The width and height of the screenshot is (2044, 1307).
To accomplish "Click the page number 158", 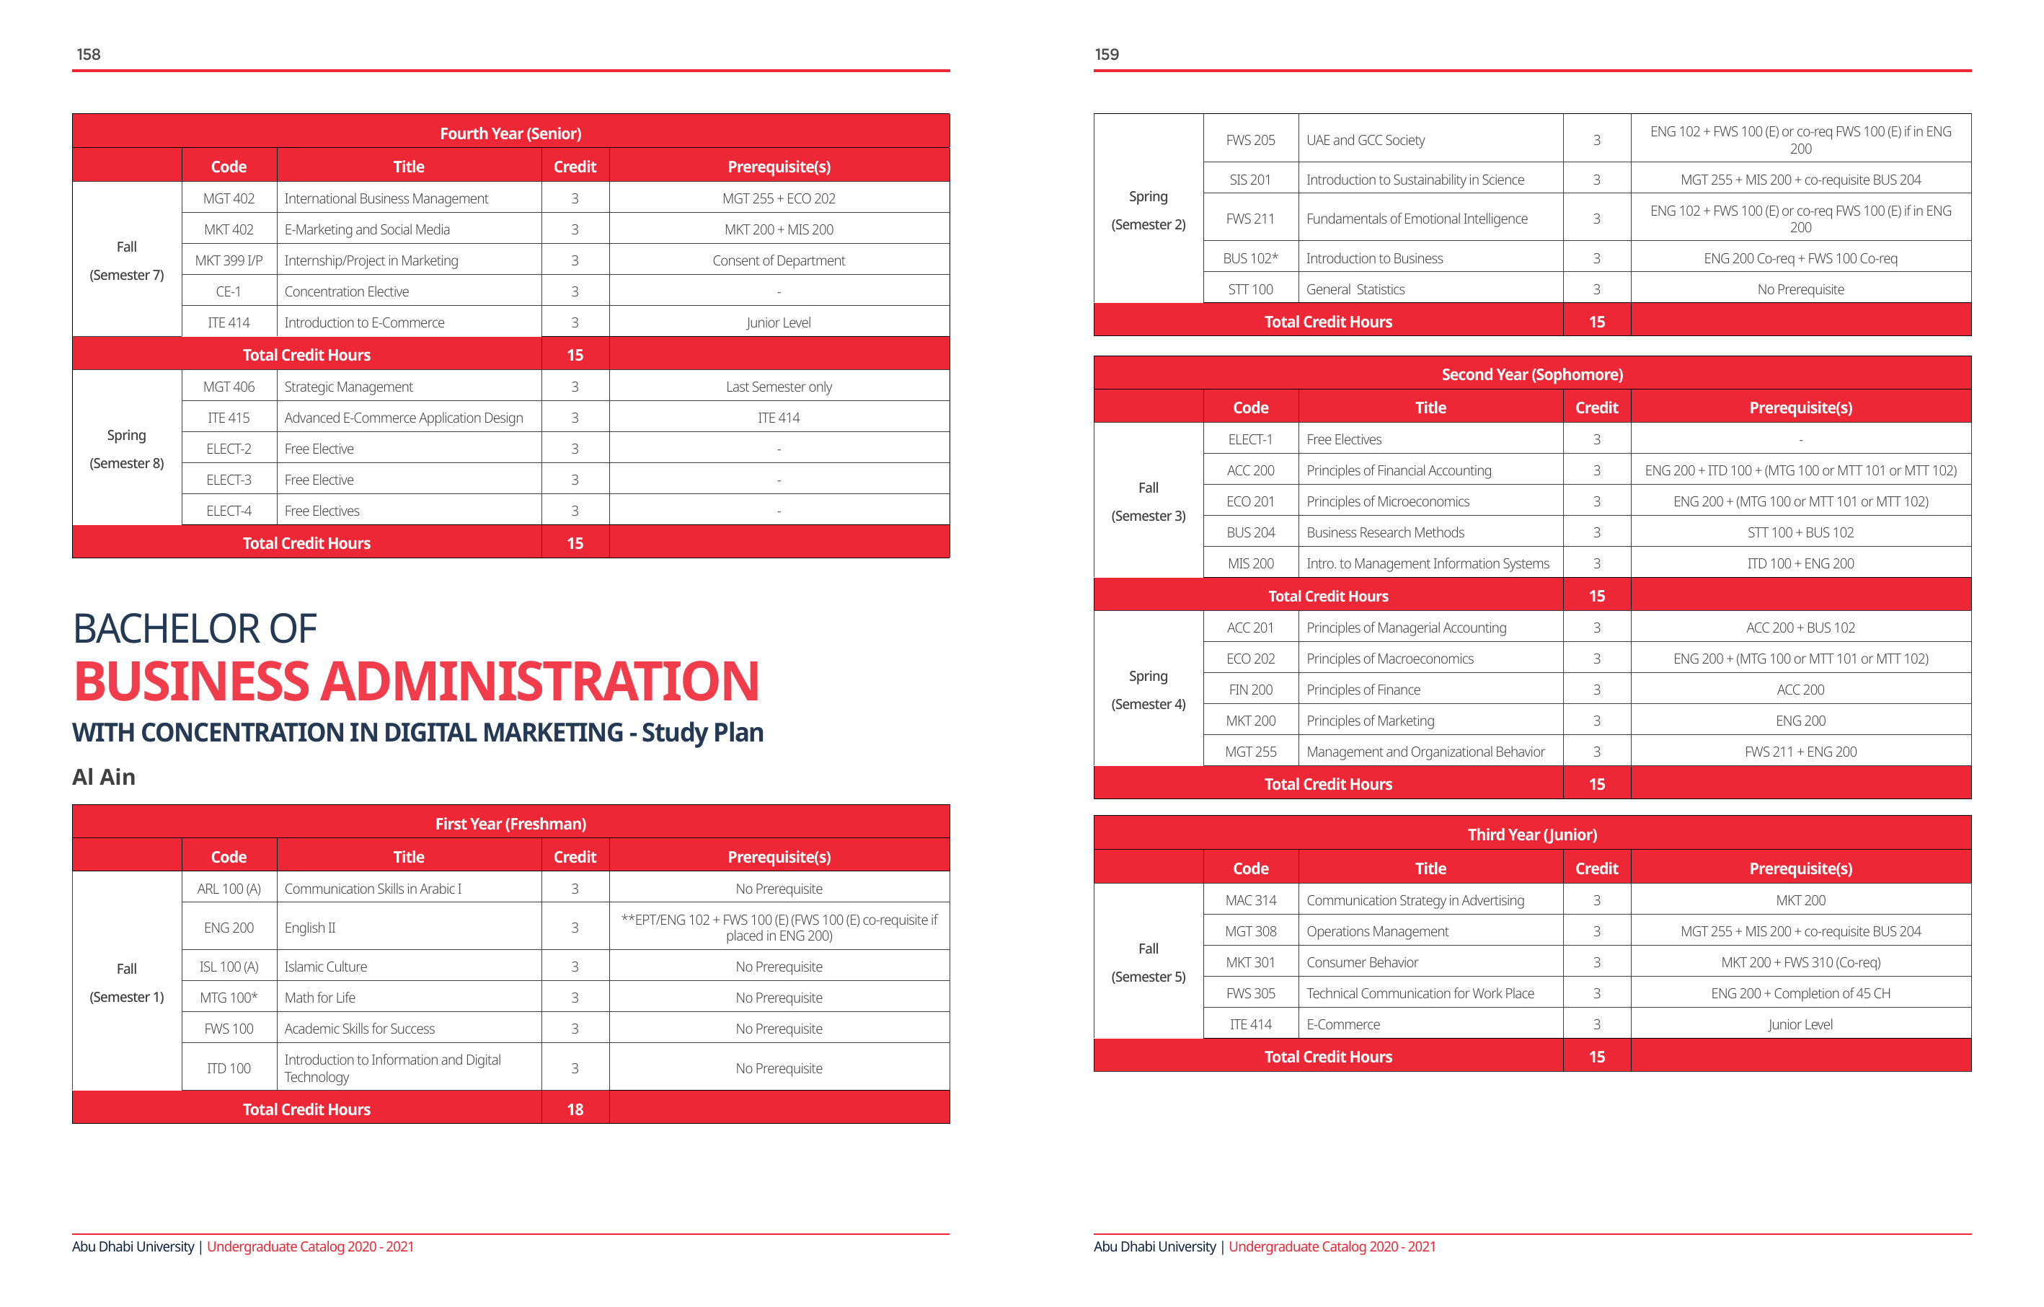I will (x=88, y=54).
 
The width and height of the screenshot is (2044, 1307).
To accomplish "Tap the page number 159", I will (x=1106, y=54).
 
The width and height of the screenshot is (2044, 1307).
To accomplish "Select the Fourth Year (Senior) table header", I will (x=510, y=133).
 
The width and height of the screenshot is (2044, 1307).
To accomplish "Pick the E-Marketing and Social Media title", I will (x=367, y=229).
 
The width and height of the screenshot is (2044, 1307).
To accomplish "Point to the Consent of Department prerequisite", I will (x=779, y=260).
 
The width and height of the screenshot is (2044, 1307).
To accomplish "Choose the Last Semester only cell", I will (x=779, y=387).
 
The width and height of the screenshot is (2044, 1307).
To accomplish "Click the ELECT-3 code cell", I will (x=229, y=480).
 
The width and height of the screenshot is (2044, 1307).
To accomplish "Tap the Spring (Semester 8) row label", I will (x=126, y=449).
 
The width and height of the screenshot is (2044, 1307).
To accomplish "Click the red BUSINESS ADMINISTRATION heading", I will (x=416, y=681).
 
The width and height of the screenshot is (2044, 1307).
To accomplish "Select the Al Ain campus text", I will (x=104, y=776).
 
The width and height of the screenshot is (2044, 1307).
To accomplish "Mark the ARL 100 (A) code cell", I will (x=229, y=889).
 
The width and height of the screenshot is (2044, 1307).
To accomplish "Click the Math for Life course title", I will (x=320, y=998).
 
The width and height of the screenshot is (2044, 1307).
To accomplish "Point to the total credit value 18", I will (x=575, y=1109).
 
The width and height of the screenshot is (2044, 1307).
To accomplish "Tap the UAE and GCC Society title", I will (x=1365, y=140).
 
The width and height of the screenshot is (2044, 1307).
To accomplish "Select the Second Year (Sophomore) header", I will (x=1531, y=374).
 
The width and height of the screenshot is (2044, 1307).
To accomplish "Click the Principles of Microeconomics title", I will (x=1387, y=502).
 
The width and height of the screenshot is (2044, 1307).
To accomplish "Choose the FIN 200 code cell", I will (x=1250, y=690).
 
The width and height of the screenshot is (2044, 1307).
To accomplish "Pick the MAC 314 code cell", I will (x=1250, y=900).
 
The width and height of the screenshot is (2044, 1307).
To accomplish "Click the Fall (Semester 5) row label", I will (x=1148, y=962).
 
